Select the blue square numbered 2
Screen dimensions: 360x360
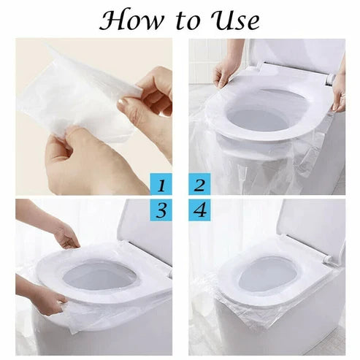click(198, 182)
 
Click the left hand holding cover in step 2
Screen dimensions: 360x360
click(223, 73)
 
